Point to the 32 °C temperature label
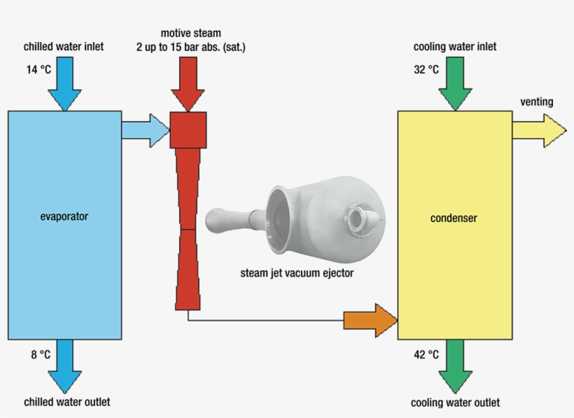coord(426,69)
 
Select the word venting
coord(536,102)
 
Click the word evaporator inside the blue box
coord(64,216)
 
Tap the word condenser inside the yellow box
coord(453,218)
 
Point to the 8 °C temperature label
coord(40,354)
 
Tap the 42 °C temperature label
coord(426,354)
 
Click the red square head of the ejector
coord(188,130)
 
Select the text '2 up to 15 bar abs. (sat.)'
coord(190,47)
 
